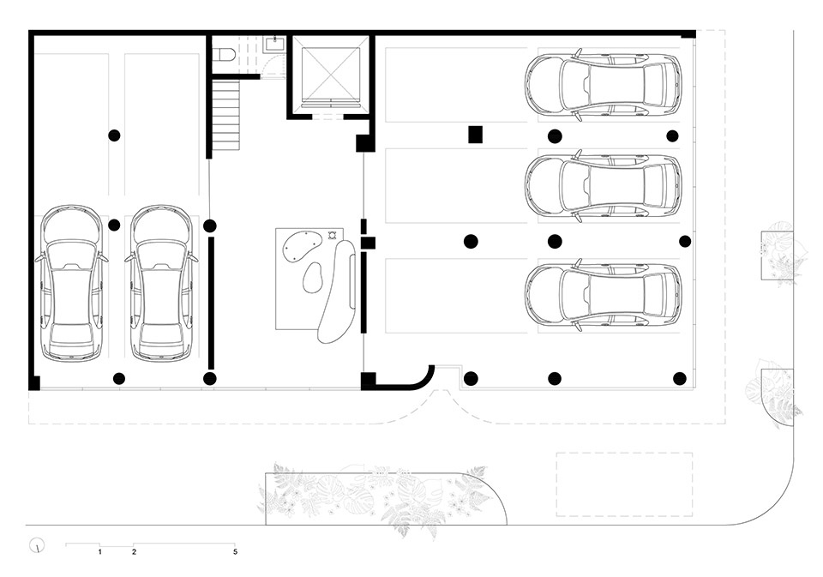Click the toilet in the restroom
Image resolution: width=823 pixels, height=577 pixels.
(x=225, y=54)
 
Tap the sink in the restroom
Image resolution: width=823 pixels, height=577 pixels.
(x=274, y=44)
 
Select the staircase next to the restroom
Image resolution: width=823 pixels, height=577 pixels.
(x=226, y=115)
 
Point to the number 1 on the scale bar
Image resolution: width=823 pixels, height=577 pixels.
(x=99, y=552)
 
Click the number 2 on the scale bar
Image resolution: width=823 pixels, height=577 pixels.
(x=135, y=552)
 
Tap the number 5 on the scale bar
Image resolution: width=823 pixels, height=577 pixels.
(x=235, y=552)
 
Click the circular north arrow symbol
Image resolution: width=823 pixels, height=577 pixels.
(x=37, y=546)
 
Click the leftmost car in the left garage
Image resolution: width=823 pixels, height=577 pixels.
(x=71, y=284)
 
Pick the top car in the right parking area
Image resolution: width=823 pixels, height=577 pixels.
(x=603, y=85)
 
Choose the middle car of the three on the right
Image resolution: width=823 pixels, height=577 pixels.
(x=603, y=186)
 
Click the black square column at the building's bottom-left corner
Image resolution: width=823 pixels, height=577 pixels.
(x=34, y=383)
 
